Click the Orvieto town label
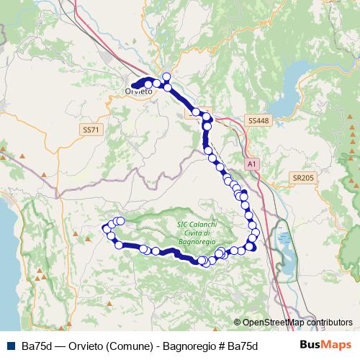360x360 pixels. (138, 91)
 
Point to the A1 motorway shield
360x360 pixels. (251, 164)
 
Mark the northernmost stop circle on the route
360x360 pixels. (167, 76)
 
